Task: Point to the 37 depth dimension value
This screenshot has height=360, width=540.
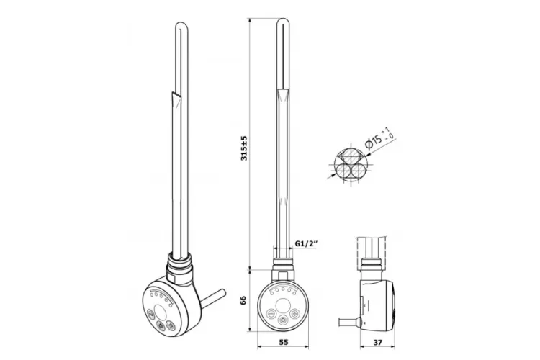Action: [x=377, y=343]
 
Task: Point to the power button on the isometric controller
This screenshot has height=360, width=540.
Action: [x=160, y=325]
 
